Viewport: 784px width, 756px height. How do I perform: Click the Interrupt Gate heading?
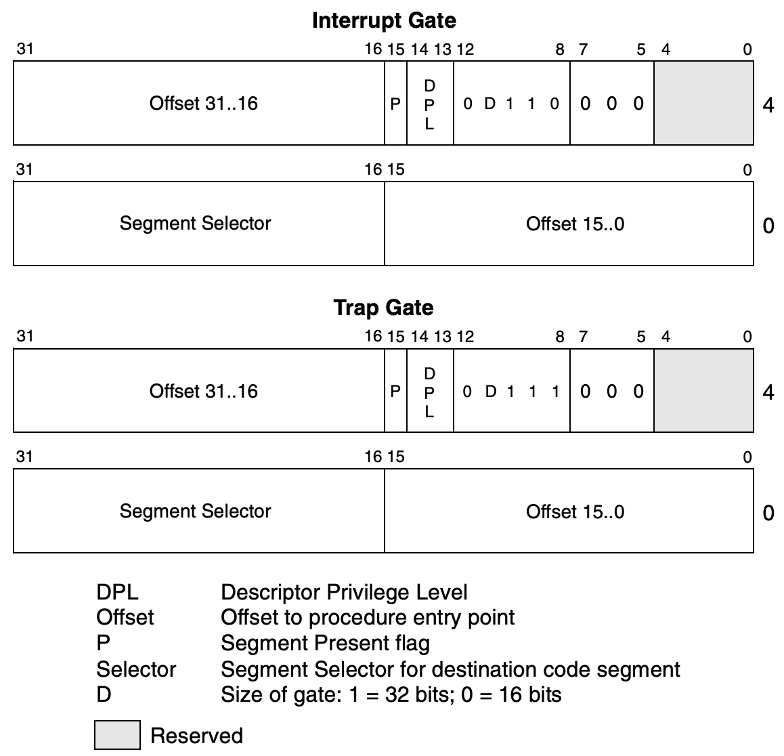click(383, 20)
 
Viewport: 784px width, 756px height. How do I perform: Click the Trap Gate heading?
click(383, 308)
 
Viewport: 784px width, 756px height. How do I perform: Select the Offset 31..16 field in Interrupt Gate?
click(203, 104)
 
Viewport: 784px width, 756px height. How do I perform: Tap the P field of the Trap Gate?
click(395, 391)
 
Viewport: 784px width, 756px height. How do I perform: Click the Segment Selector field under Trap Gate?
click(195, 511)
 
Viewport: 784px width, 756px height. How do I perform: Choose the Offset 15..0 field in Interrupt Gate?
click(575, 224)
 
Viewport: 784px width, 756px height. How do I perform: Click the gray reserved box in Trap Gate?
click(703, 391)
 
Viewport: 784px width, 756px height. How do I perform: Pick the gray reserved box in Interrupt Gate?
click(703, 103)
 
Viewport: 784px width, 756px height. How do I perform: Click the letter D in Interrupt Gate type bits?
click(490, 104)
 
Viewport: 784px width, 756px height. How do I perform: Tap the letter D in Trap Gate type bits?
click(491, 392)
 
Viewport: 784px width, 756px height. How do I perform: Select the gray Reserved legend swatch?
click(117, 735)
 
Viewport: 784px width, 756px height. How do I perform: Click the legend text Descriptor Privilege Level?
click(344, 592)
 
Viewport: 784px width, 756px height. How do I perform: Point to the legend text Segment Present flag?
click(325, 642)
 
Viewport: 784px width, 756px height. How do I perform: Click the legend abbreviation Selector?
click(136, 669)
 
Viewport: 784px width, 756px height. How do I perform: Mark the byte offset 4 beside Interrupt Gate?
click(768, 106)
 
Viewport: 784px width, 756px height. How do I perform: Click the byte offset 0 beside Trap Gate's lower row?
click(768, 513)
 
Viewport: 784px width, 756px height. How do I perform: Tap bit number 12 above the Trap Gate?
click(465, 337)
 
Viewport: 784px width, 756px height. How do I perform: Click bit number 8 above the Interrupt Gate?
click(560, 49)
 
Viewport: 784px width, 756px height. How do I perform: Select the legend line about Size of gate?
click(391, 694)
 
